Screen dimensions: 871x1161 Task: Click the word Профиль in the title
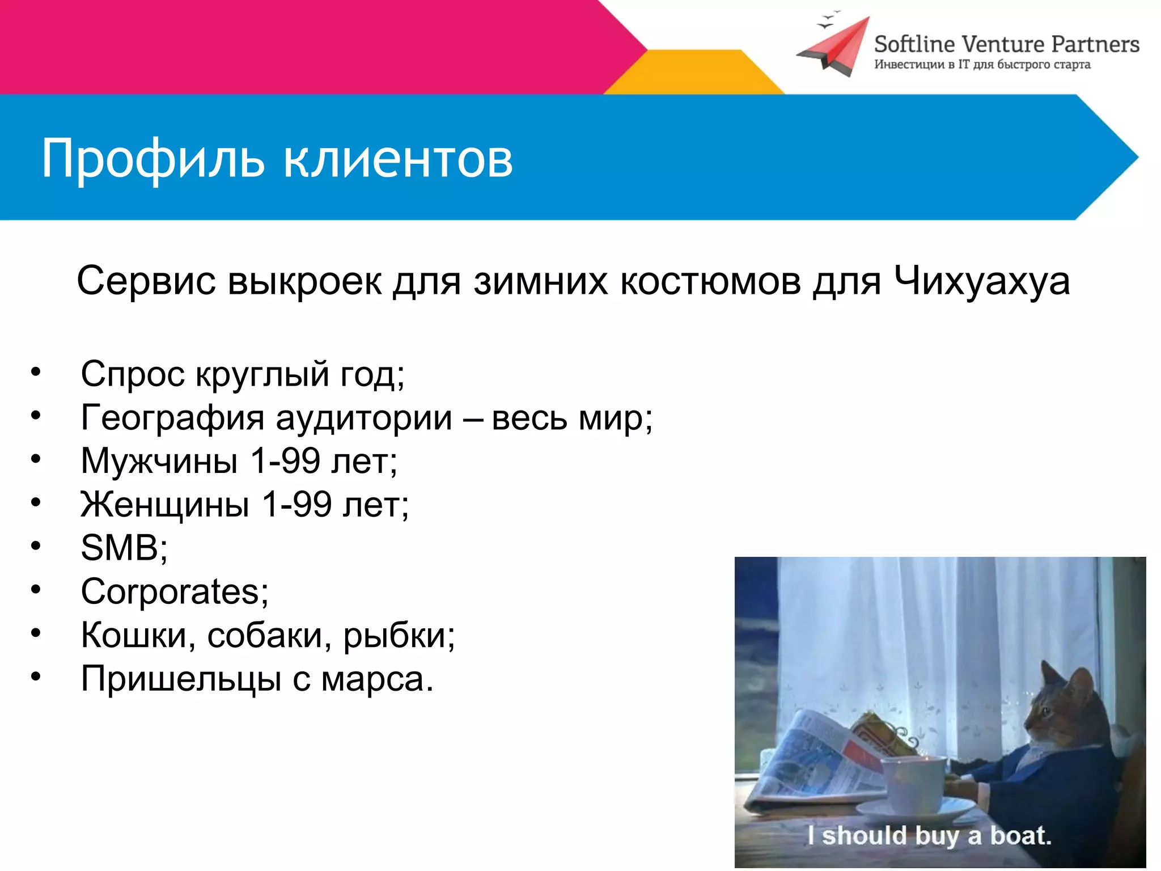point(153,159)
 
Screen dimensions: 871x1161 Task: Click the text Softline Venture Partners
point(1006,44)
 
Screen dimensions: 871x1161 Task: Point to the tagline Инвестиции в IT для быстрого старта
point(982,65)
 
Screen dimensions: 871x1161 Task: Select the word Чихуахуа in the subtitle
point(982,282)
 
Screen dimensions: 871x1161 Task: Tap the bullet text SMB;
point(124,548)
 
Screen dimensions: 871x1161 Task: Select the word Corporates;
point(175,592)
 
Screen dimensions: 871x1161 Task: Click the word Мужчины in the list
point(159,461)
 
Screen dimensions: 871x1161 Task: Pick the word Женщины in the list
point(165,504)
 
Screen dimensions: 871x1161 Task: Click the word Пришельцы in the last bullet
point(181,679)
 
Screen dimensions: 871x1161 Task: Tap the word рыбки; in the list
point(399,636)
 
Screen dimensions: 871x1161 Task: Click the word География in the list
point(172,418)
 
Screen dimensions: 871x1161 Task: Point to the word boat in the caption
point(1020,836)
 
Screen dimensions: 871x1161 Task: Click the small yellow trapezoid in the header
point(694,72)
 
